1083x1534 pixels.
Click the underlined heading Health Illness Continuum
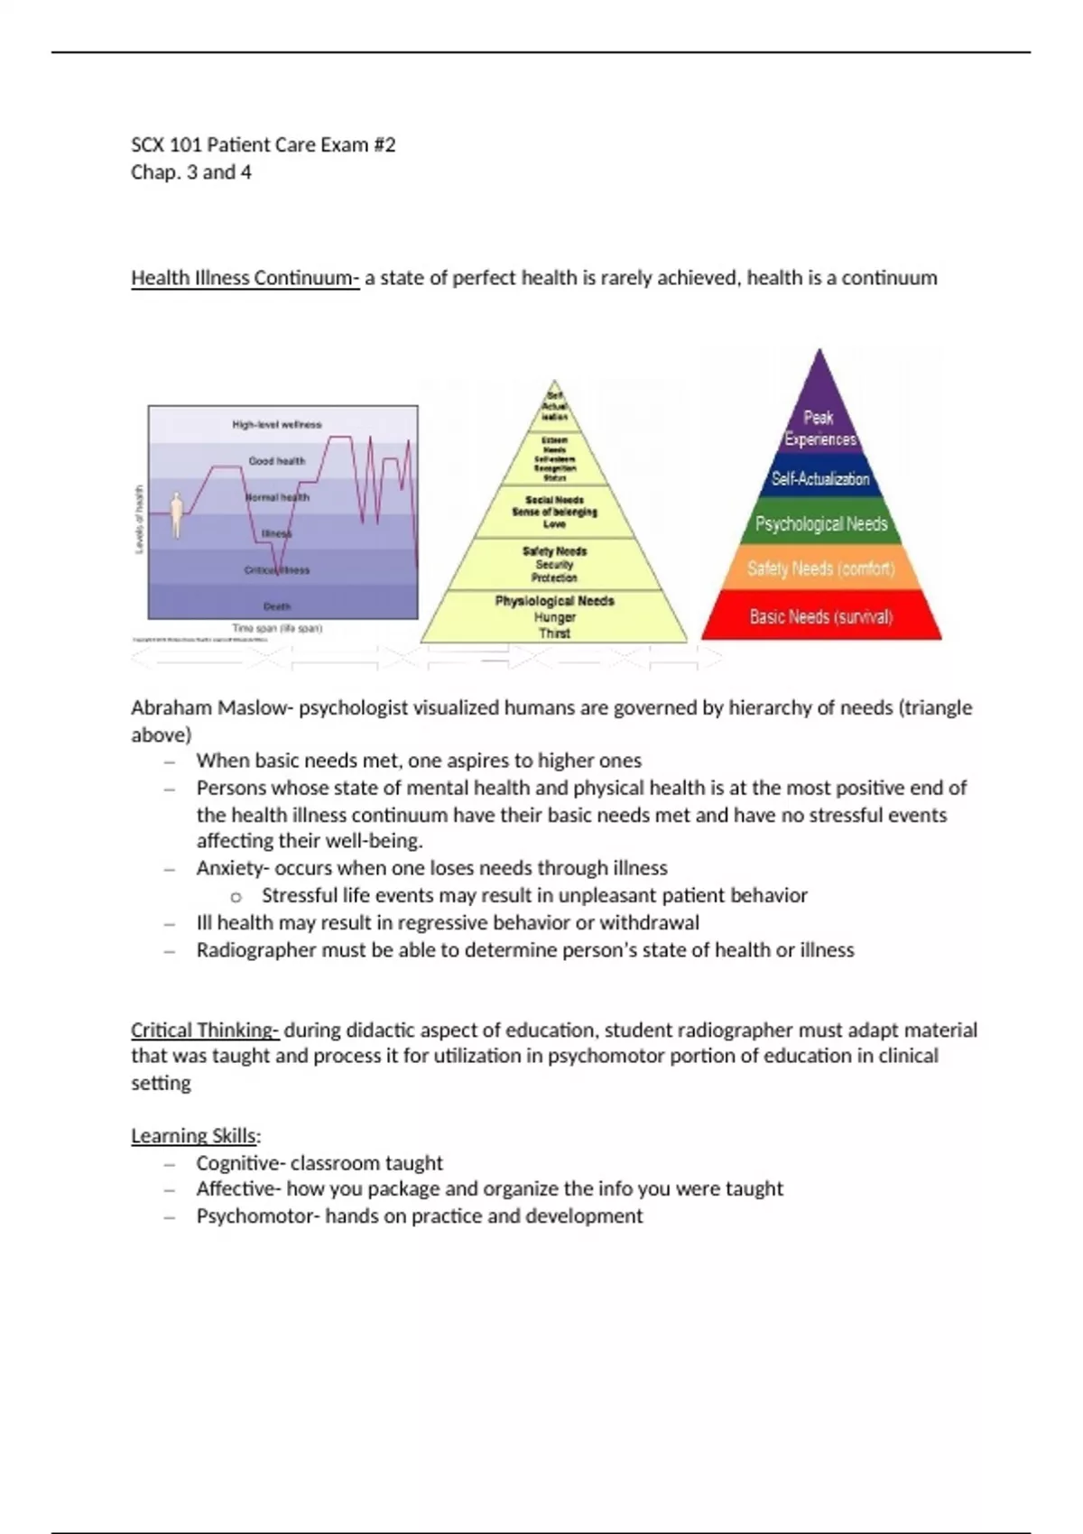244,278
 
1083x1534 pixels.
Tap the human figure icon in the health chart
177,513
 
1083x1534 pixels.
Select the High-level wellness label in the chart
276,424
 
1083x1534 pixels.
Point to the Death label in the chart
276,606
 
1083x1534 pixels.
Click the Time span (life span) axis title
276,628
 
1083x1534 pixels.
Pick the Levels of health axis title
139,519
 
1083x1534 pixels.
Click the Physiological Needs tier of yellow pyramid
554,616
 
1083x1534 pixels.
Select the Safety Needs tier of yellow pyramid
554,564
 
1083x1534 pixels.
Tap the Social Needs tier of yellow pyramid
554,512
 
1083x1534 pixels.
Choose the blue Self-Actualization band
819,479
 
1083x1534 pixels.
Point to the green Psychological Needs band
820,524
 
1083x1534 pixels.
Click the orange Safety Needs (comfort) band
820,568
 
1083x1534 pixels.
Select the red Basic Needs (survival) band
820,617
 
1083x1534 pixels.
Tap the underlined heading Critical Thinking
204,1030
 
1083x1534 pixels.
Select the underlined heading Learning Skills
194,1136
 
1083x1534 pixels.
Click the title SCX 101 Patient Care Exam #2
263,145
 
